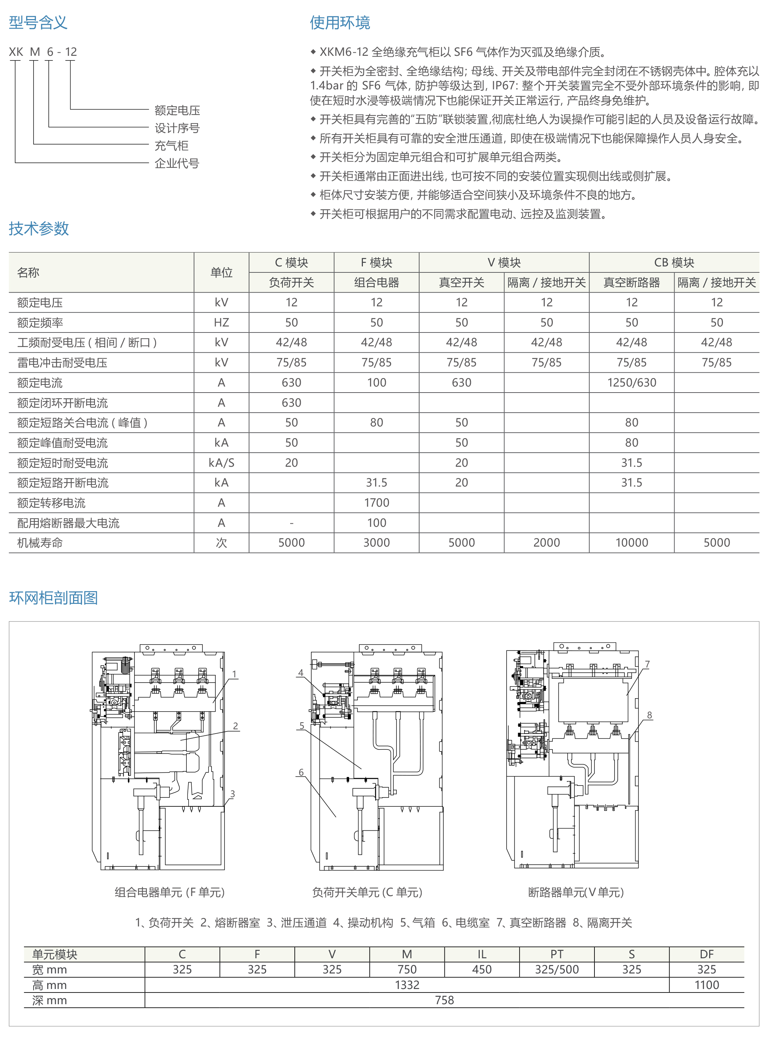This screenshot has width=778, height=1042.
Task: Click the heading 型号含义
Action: coord(38,22)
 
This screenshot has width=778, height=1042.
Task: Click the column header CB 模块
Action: coord(674,263)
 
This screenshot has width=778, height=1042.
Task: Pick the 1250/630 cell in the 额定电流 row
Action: coord(631,383)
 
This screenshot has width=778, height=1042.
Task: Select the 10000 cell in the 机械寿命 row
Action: coord(631,543)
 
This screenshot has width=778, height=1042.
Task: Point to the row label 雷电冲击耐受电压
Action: coord(62,363)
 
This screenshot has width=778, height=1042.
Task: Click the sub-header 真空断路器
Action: coord(631,283)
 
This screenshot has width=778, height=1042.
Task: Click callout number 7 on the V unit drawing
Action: coord(647,664)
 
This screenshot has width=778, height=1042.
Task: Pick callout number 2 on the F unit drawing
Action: coord(235,726)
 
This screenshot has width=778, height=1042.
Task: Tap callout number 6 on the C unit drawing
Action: coord(301,772)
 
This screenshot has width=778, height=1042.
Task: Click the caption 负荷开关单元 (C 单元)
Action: coord(367,892)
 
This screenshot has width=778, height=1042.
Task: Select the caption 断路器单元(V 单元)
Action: coord(576,892)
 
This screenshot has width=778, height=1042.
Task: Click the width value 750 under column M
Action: coord(407,970)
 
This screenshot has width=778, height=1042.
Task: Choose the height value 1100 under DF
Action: coord(706,985)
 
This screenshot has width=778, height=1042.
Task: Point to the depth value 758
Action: coord(444,1000)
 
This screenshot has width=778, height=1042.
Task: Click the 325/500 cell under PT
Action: coord(556,970)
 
